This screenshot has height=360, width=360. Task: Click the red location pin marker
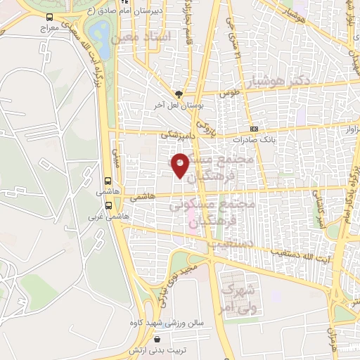pos(181,165)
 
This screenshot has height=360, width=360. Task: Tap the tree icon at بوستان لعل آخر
pos(179,94)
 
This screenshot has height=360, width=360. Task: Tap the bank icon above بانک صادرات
pos(254,129)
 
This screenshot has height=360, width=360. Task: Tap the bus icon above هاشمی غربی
pos(108,205)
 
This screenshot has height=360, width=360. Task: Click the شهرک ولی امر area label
pos(236,295)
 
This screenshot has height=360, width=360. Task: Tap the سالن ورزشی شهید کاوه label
pos(167,323)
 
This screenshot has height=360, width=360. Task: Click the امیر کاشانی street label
pos(319,212)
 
